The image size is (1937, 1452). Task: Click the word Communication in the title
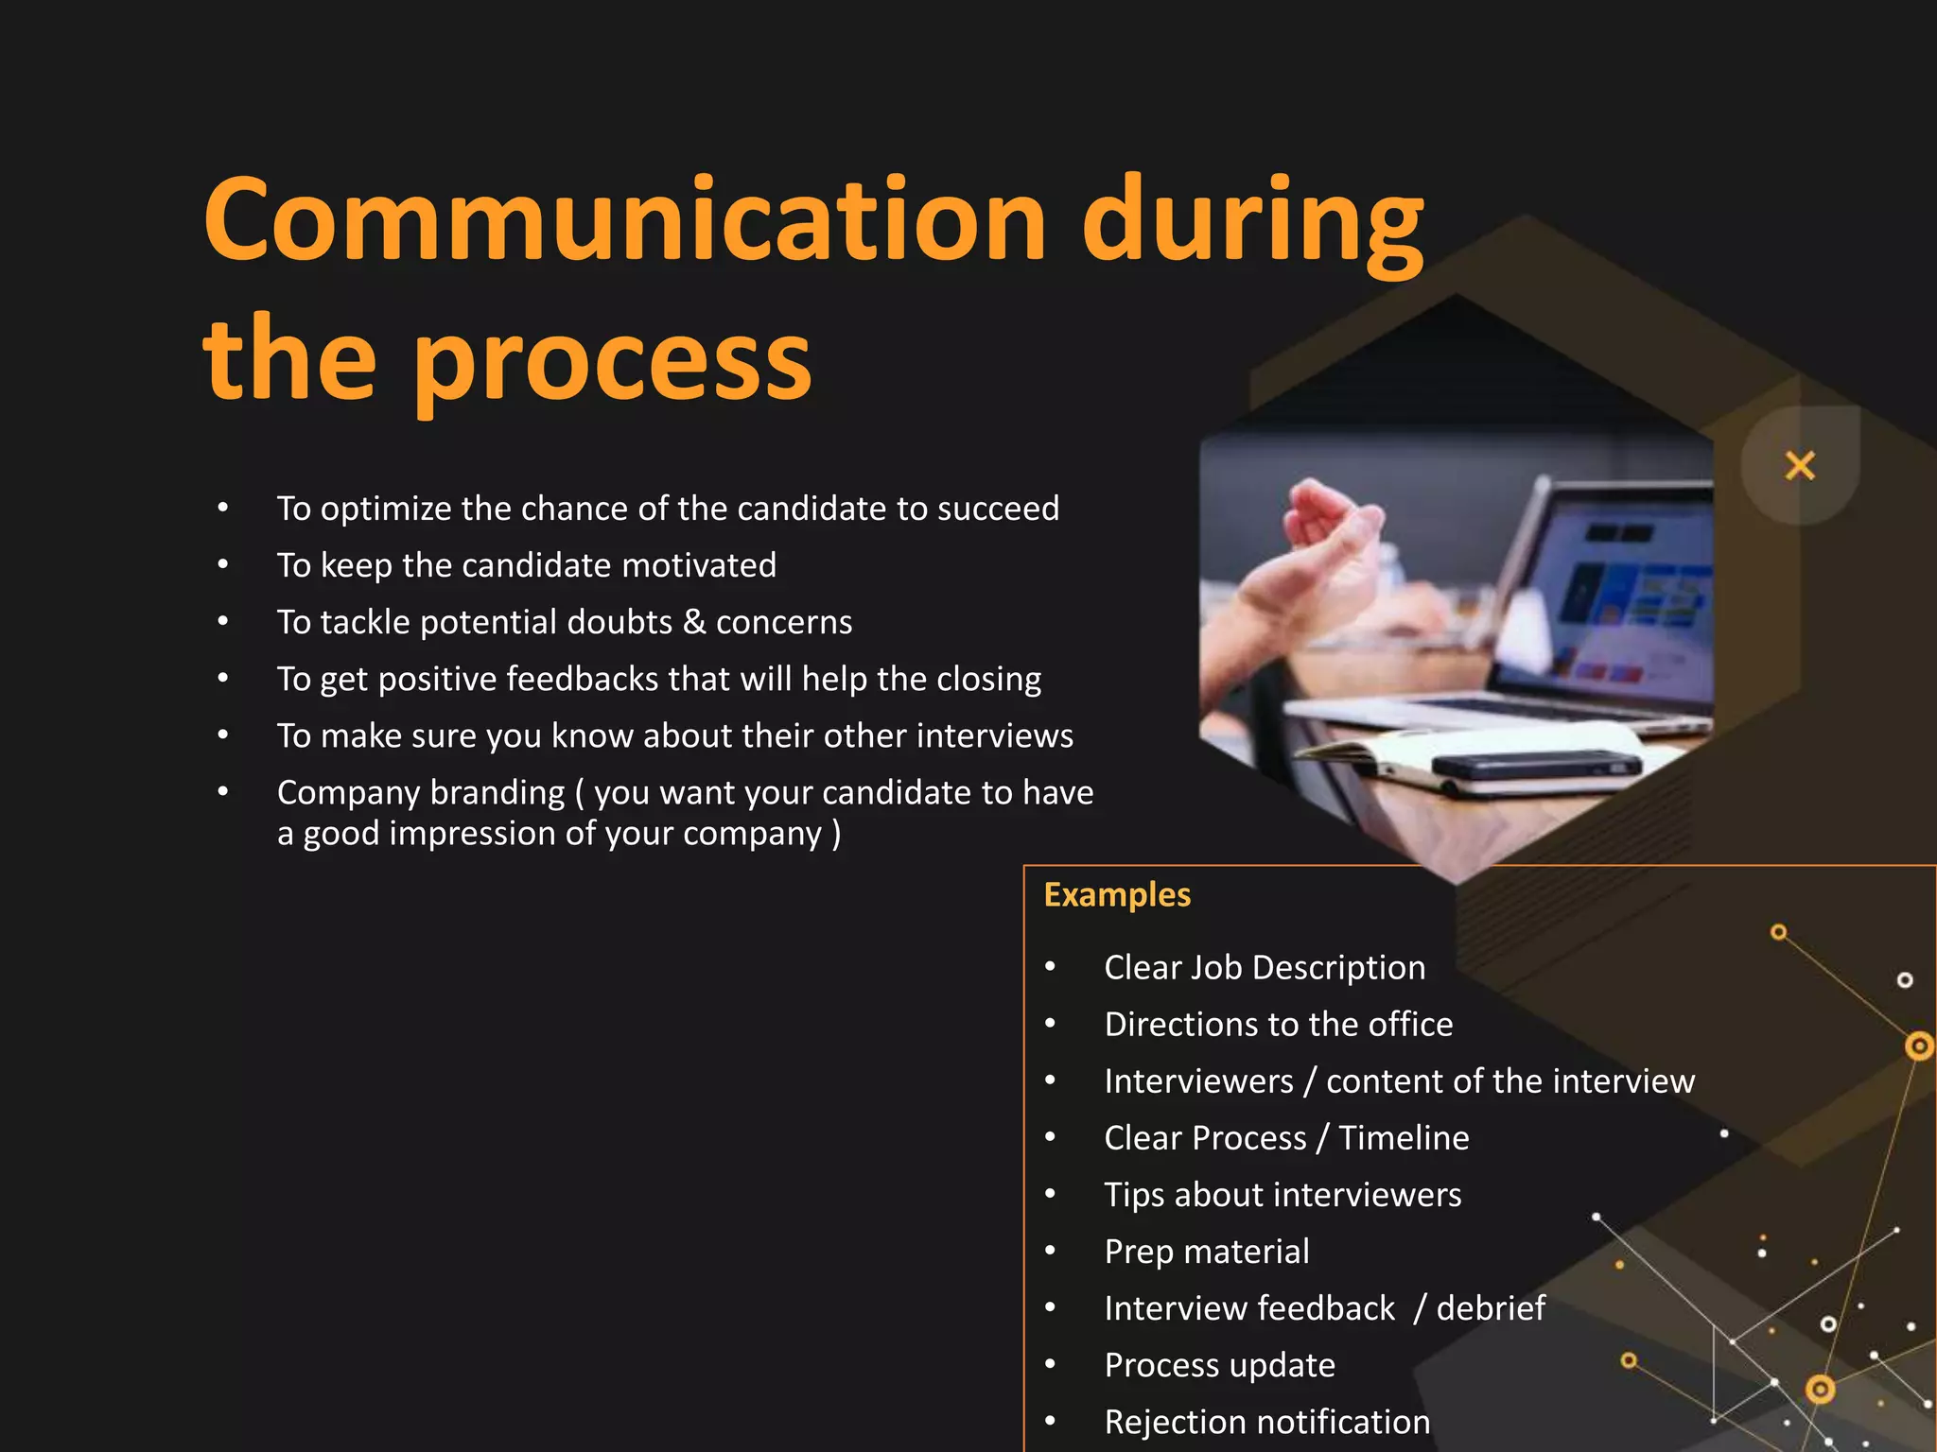(x=624, y=222)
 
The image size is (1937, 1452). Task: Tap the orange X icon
(x=1800, y=466)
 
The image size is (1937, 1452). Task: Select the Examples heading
(x=1117, y=895)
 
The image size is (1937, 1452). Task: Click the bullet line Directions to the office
(x=1278, y=1025)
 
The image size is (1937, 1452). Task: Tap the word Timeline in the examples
(x=1404, y=1138)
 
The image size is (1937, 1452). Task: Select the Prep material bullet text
(x=1207, y=1252)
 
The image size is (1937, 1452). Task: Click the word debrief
(x=1491, y=1308)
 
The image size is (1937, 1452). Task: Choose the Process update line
(x=1220, y=1365)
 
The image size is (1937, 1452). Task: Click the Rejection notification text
(x=1267, y=1422)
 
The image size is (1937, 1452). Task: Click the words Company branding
(x=421, y=792)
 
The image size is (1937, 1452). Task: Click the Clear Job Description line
(x=1265, y=968)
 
